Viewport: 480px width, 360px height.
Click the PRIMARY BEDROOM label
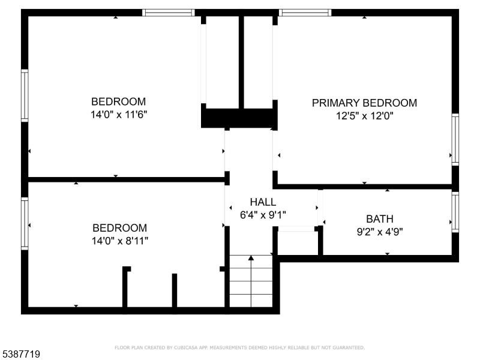(364, 103)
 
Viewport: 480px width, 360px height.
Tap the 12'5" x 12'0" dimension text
(365, 116)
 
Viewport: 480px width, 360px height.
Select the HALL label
(263, 202)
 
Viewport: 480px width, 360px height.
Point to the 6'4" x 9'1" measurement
(263, 215)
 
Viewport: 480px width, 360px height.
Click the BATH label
(380, 219)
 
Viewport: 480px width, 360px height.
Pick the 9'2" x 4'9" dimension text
(380, 232)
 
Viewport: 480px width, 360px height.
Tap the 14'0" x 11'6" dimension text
(119, 115)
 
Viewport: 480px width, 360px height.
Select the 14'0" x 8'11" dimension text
(119, 241)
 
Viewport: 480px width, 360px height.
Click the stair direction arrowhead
(251, 258)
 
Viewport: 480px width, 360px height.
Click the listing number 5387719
(20, 354)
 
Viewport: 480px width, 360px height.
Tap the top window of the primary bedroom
(305, 13)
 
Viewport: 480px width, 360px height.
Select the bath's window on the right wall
(455, 212)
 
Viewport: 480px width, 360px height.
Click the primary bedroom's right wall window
(455, 140)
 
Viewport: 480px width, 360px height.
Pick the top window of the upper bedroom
(169, 13)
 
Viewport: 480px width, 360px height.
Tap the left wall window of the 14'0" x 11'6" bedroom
(25, 95)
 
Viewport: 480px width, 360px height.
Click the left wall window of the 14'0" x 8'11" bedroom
(25, 224)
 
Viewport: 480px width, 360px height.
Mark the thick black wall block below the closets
(239, 118)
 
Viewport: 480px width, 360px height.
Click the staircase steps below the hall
(251, 281)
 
